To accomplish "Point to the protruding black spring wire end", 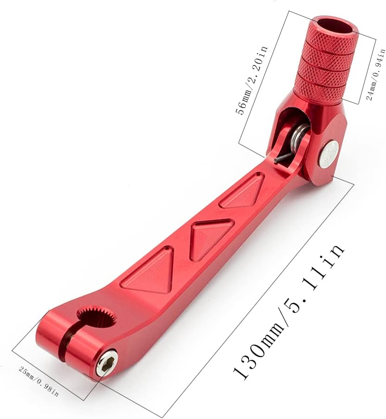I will (x=280, y=159).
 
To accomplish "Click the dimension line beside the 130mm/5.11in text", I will (x=259, y=296).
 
